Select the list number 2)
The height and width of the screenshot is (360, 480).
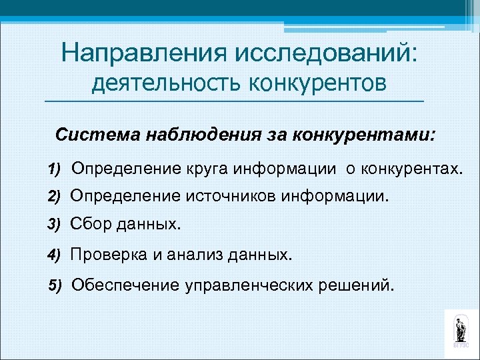(54, 197)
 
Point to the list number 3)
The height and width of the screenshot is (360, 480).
(54, 225)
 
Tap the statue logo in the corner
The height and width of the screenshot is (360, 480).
(460, 329)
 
